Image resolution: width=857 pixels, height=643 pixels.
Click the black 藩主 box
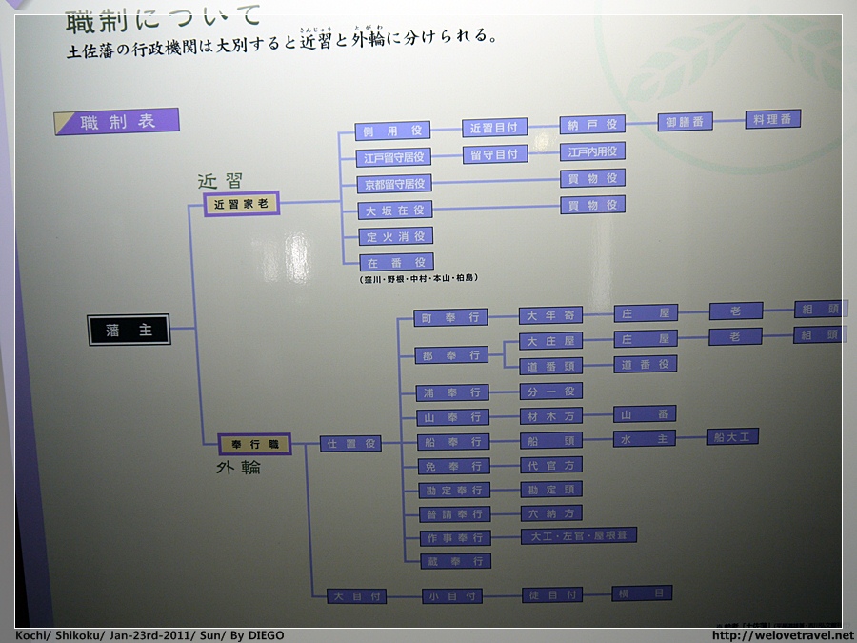[130, 330]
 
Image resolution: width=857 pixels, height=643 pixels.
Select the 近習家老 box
[241, 204]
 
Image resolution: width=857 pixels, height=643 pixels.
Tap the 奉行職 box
[254, 444]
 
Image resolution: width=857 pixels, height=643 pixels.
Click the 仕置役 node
[350, 443]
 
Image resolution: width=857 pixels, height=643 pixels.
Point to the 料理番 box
[772, 119]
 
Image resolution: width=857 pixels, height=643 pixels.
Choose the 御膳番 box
[685, 122]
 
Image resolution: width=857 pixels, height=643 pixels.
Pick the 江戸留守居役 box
[394, 157]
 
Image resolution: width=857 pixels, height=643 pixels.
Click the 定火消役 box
[394, 236]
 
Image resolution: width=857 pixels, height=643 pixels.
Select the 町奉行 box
[452, 318]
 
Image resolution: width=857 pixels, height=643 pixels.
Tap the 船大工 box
[732, 436]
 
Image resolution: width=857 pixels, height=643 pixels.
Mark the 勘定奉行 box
[454, 491]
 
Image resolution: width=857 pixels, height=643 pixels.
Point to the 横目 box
[642, 593]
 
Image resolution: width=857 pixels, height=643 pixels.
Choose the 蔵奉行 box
[455, 561]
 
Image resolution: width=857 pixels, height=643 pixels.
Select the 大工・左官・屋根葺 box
[579, 535]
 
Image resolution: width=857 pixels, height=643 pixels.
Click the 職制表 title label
[117, 122]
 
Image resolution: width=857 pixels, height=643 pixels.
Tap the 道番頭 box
[550, 366]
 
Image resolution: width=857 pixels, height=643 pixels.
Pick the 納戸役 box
[592, 125]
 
